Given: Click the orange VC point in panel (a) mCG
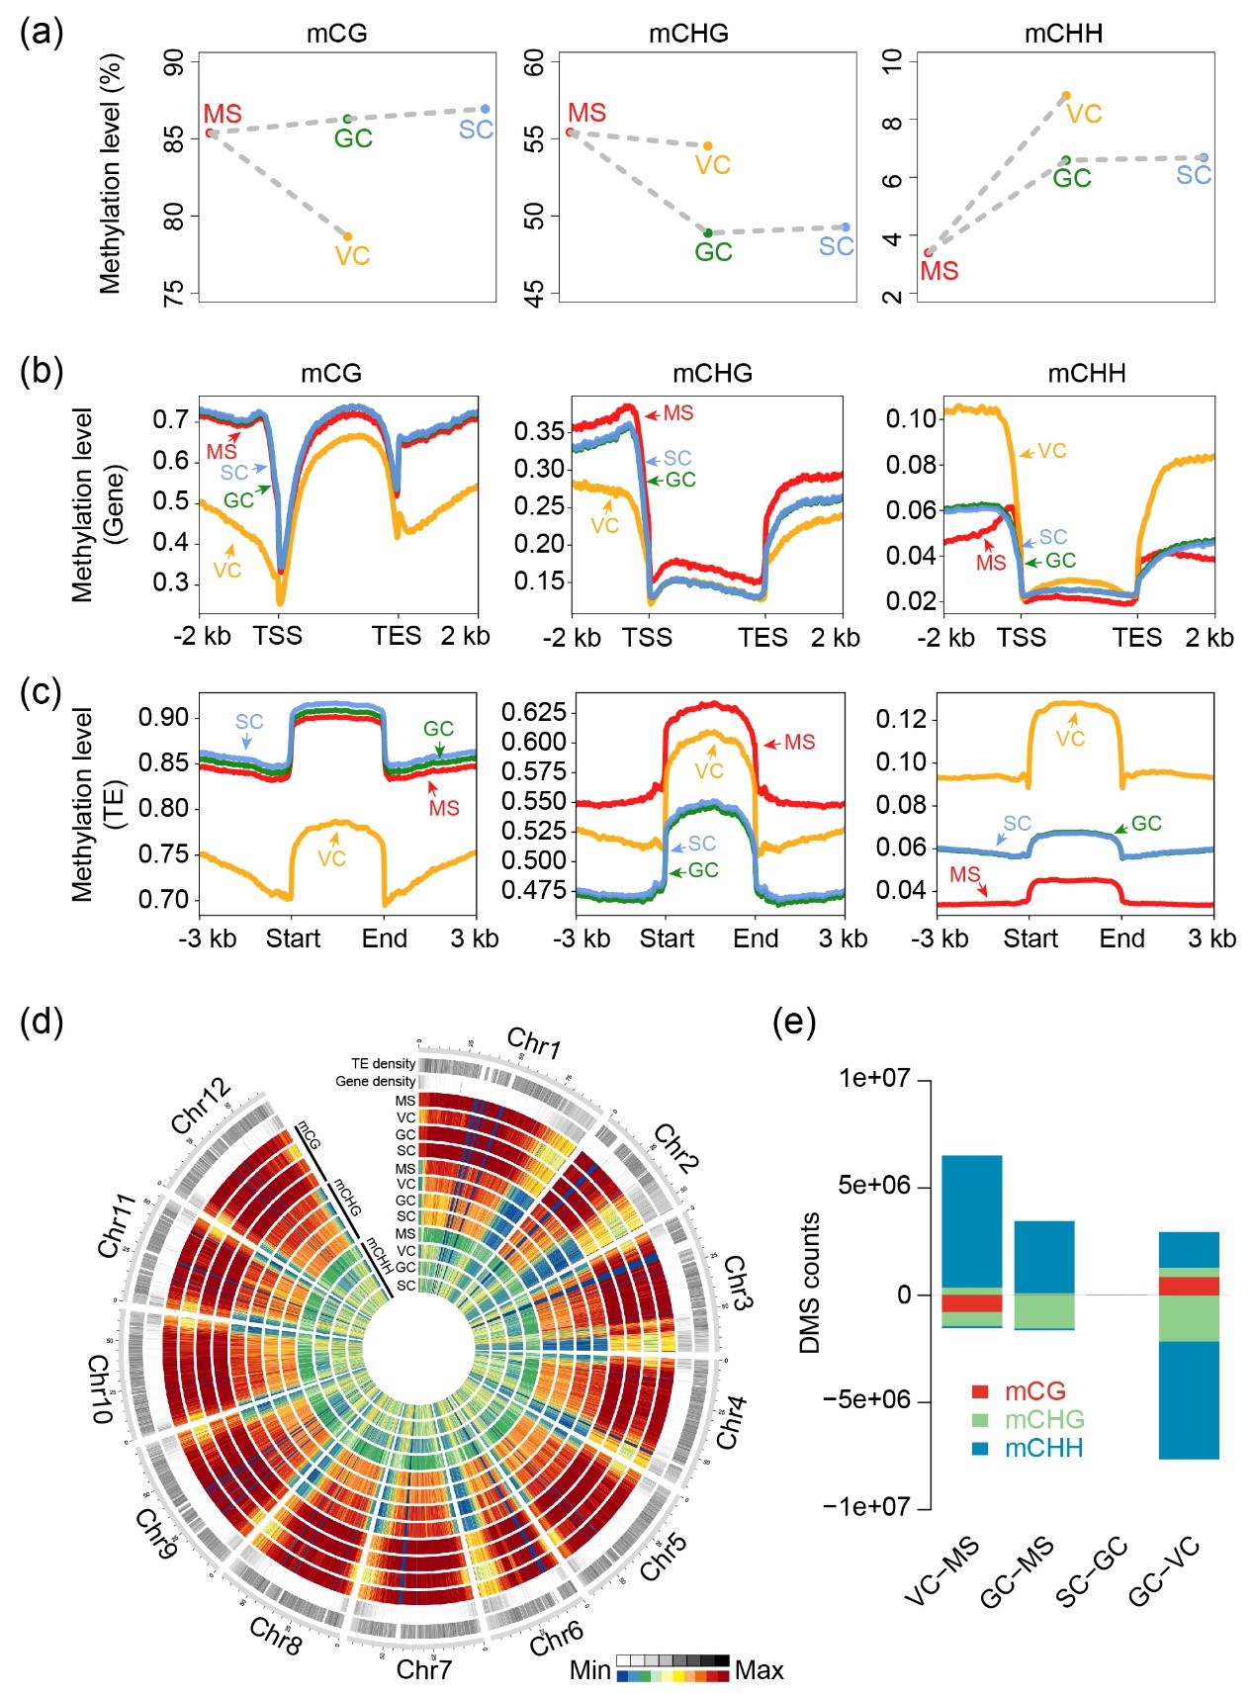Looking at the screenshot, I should [x=347, y=236].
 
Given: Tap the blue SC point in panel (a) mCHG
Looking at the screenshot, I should [x=846, y=227].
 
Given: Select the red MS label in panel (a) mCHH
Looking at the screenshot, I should [x=939, y=271].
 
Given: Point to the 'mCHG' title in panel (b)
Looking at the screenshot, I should [x=712, y=373].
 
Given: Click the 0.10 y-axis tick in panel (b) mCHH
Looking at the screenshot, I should [x=911, y=418].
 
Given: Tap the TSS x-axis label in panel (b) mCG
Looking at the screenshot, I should [x=277, y=636].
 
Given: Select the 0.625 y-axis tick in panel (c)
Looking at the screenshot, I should [x=533, y=712].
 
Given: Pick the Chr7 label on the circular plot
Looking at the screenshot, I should [x=423, y=1669].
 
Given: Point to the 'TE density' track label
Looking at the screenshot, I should [x=383, y=1064].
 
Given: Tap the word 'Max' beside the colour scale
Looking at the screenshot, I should [x=759, y=1670].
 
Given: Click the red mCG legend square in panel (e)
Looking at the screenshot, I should [x=980, y=1391].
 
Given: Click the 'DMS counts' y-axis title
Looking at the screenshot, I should [x=811, y=1282].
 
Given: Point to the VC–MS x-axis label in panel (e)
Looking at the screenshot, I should [x=941, y=1572].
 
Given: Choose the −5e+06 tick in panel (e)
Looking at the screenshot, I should [x=867, y=1400].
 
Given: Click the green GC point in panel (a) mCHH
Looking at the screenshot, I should [x=1065, y=160].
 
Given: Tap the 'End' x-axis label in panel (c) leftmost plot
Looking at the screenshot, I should [x=385, y=938].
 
